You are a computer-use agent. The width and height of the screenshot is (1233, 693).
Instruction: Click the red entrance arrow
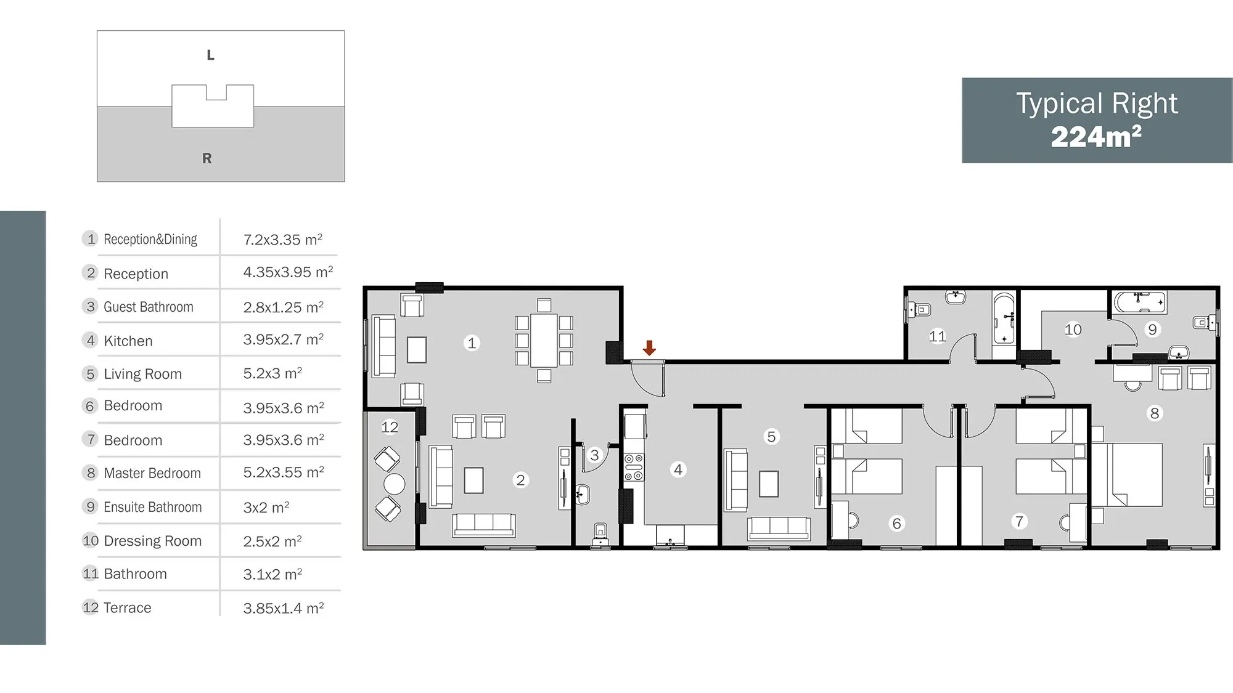649,347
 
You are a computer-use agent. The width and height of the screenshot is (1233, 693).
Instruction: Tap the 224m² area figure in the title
1096,137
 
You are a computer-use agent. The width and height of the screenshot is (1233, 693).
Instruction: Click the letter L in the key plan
210,55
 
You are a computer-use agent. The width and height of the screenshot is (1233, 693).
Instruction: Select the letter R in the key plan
207,158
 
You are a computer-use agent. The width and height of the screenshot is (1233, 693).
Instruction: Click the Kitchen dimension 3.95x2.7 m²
284,339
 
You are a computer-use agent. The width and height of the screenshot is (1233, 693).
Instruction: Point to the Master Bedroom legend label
152,473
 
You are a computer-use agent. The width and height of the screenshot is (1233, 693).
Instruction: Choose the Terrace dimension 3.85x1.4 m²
284,608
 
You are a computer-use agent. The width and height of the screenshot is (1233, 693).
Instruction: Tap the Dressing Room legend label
153,541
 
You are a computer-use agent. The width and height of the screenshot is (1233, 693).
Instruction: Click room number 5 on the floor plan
771,437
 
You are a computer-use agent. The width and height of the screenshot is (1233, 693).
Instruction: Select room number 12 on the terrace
390,427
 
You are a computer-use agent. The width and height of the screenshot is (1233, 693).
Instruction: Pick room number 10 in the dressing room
1073,330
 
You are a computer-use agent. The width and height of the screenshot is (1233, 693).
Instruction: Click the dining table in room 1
544,340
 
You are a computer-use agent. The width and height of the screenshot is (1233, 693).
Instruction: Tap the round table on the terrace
395,484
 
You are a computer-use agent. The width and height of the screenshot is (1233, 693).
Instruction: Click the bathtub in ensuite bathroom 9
1140,302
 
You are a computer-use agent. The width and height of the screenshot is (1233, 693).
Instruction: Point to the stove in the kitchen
634,467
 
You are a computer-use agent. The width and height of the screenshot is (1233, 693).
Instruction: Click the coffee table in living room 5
769,484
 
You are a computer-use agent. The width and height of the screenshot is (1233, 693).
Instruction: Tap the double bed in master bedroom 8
1128,475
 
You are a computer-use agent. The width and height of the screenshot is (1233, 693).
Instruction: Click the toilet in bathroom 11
918,309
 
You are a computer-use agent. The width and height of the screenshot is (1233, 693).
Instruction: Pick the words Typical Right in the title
1097,103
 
